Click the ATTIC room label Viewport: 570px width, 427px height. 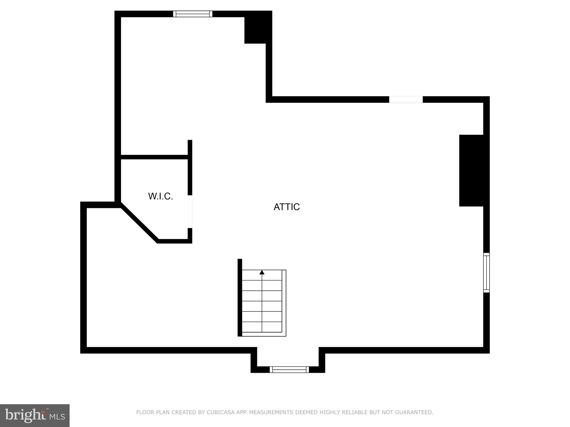tap(286, 207)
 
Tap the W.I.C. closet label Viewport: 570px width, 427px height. tap(161, 196)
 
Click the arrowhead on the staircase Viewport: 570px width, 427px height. tap(262, 272)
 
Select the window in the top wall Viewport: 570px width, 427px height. tap(193, 14)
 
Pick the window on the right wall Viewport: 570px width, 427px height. tap(486, 272)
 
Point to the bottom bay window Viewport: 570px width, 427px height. tap(289, 369)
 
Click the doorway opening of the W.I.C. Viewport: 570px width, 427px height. tap(190, 212)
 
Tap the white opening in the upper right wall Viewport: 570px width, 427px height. tap(406, 100)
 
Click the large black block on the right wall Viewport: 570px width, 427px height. tap(472, 170)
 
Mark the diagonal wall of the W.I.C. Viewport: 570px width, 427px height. tap(139, 222)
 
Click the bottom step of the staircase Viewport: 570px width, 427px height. tap(262, 327)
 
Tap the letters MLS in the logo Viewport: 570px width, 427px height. tap(57, 417)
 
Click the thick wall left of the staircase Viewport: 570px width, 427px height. tap(240, 297)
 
